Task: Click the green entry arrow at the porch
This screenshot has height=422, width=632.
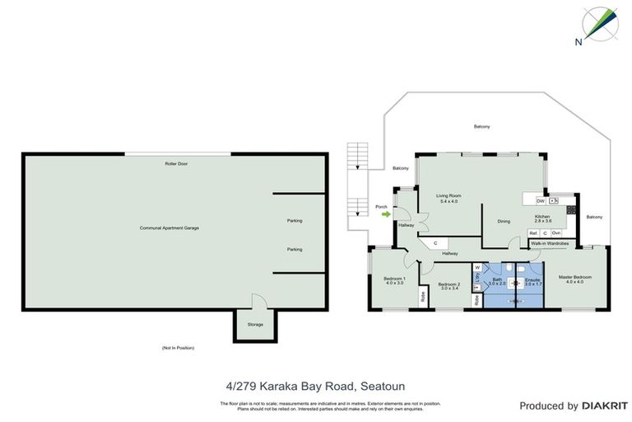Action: click(386, 215)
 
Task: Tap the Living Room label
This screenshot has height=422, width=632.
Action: click(449, 199)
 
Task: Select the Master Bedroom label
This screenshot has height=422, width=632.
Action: click(576, 279)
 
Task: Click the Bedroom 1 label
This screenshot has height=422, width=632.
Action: click(394, 281)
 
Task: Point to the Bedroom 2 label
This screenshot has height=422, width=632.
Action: click(448, 285)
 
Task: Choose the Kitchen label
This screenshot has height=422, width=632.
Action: click(542, 218)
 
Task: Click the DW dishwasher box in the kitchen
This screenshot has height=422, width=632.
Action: click(541, 201)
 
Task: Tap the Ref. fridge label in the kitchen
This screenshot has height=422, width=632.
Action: click(533, 234)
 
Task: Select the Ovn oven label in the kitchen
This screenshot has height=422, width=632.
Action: click(556, 234)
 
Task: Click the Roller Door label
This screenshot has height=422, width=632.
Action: click(176, 164)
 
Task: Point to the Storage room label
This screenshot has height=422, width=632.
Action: click(255, 324)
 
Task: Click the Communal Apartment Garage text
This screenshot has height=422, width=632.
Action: click(170, 227)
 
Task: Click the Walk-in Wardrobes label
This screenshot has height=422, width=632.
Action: click(550, 244)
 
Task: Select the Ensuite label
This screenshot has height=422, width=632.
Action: click(532, 280)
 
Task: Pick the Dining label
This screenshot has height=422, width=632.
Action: click(504, 221)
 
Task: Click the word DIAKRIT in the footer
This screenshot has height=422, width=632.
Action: click(603, 406)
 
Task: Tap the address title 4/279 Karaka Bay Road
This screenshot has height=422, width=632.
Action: click(315, 385)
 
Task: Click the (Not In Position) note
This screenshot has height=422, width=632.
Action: click(178, 348)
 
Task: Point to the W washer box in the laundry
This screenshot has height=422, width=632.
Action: click(476, 267)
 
